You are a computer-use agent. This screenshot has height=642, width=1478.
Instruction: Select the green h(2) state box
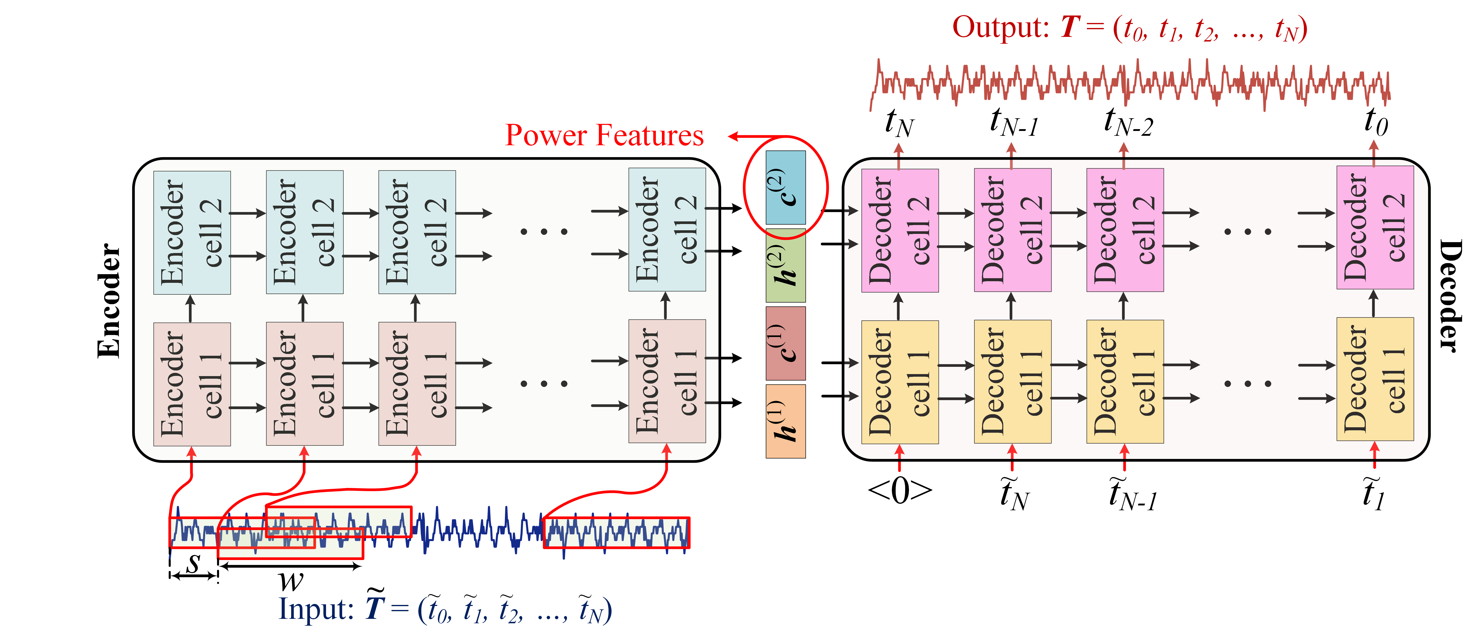pos(785,266)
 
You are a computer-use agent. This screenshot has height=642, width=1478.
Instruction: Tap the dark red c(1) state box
pos(785,343)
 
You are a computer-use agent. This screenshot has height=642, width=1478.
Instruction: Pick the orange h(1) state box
pos(785,421)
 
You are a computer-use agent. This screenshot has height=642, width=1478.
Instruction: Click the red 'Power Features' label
pos(604,135)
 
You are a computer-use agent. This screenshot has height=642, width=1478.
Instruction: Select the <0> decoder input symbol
pos(900,491)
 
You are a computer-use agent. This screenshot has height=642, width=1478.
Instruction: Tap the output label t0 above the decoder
pos(1376,122)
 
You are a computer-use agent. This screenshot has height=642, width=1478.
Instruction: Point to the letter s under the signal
pos(194,562)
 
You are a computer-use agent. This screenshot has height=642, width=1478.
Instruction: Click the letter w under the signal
pos(291,581)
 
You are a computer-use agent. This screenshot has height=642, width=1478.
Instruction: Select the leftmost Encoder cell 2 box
pos(192,232)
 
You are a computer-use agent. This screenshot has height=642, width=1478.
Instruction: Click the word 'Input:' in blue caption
pos(316,609)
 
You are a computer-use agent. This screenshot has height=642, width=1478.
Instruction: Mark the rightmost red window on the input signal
pos(616,532)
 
